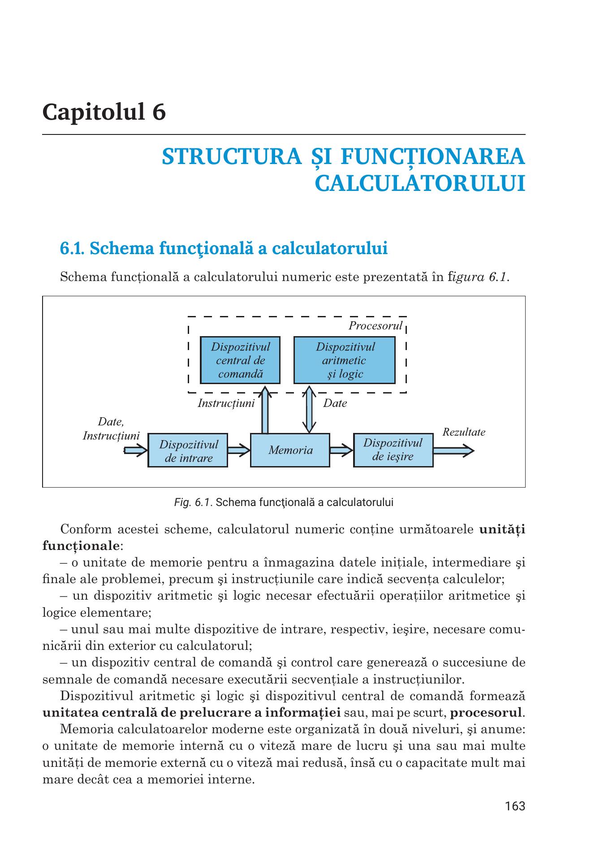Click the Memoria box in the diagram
pos(290,450)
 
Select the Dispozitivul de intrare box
pos(188,450)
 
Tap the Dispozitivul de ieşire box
pos(393,450)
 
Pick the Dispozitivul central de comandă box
pos(240,360)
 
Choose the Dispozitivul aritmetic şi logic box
pos(344,360)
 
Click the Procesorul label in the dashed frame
pos(376,326)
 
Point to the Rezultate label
pos(463,432)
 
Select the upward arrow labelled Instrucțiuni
pos(265,410)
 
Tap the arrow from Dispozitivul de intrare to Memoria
pos(238,450)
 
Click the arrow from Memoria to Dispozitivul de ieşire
pos(341,450)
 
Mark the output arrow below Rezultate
pos(453,450)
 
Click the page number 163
pos(514,806)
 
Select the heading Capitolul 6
pos(104,112)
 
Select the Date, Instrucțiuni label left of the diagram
pos(111,429)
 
